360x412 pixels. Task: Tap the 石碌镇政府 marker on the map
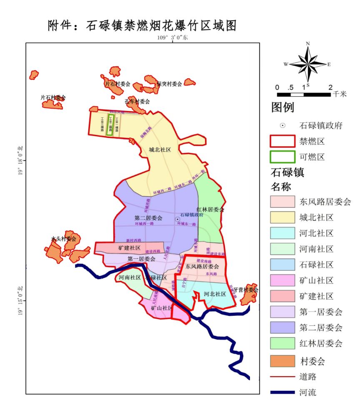(x=177, y=219)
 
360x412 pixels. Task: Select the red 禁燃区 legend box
(x=282, y=142)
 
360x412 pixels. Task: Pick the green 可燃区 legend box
(x=282, y=157)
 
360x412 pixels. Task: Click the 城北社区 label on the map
(x=160, y=150)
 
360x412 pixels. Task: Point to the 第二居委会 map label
(x=148, y=218)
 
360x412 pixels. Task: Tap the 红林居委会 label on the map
(x=210, y=210)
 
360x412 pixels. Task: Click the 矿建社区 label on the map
(x=129, y=248)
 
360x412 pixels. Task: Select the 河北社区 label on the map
(x=215, y=294)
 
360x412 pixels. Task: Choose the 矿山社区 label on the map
(x=162, y=308)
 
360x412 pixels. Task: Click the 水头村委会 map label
(x=64, y=239)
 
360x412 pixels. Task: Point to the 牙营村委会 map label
(x=246, y=290)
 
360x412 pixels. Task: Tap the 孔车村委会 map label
(x=137, y=101)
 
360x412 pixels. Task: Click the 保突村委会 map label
(x=169, y=84)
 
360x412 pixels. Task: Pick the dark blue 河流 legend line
(x=282, y=392)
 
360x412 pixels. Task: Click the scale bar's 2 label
(x=330, y=87)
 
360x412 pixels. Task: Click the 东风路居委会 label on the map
(x=202, y=266)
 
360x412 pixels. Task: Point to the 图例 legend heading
(x=283, y=107)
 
